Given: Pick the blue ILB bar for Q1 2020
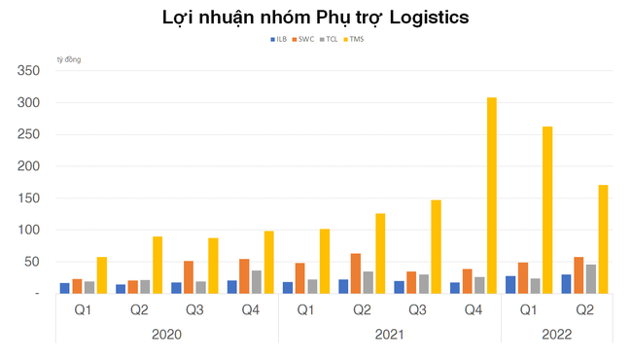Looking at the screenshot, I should tap(65, 287).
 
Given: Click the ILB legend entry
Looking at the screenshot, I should tap(279, 39).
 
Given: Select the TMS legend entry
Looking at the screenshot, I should tap(356, 39).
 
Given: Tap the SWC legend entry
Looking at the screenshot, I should tap(305, 39).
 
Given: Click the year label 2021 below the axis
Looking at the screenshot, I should tap(389, 334).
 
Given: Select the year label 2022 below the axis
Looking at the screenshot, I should tap(556, 334).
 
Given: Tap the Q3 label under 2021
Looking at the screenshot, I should tap(417, 310).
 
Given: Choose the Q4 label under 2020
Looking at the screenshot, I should tap(250, 310).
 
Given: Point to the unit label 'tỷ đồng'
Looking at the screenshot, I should tap(69, 60).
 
